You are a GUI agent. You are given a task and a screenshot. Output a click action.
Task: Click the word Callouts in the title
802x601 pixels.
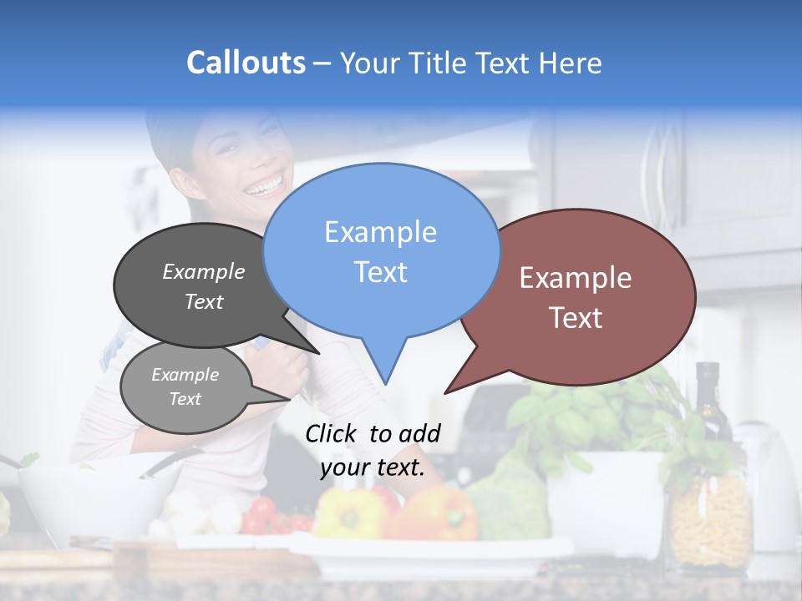246,63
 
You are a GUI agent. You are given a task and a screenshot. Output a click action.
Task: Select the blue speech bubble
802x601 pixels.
381,250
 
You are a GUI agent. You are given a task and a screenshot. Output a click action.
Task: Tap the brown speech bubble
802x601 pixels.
585,296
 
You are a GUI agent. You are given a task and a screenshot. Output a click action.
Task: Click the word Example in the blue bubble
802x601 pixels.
381,232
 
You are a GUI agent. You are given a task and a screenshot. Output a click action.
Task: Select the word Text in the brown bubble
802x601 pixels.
576,318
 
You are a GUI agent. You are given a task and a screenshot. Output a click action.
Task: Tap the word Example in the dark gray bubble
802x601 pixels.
204,272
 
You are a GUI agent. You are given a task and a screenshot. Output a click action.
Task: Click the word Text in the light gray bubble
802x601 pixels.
185,399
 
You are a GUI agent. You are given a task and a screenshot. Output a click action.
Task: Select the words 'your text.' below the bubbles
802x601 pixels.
373,467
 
